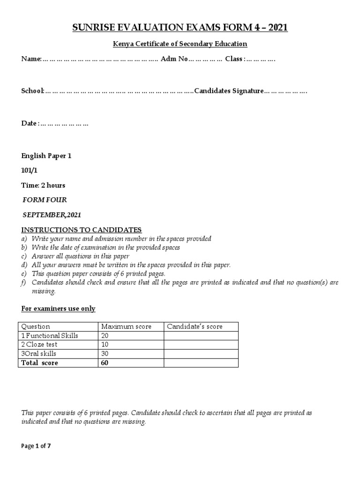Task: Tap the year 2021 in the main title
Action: [275, 29]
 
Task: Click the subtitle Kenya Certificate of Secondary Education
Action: [180, 44]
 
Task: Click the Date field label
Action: [29, 123]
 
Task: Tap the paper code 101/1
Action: [30, 171]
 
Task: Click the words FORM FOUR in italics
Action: [45, 200]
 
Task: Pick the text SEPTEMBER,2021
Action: [52, 215]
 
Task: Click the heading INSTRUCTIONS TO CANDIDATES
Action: [81, 230]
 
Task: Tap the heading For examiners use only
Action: [59, 308]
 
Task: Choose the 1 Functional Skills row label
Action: [49, 336]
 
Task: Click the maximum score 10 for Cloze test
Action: [105, 345]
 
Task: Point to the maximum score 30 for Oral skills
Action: [105, 353]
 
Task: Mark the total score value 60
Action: [105, 363]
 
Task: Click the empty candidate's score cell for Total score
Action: [201, 363]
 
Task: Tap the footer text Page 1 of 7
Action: [36, 446]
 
